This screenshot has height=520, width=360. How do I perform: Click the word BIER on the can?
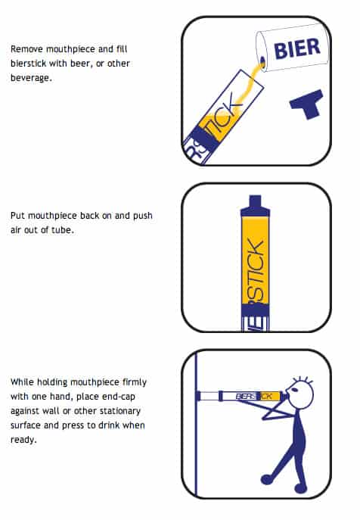(296, 51)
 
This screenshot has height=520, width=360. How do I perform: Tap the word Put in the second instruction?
(17, 216)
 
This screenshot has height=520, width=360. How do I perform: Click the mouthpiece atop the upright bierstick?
(256, 204)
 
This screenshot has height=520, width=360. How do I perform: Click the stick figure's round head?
(301, 395)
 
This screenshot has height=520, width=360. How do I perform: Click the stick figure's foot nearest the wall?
(265, 478)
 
